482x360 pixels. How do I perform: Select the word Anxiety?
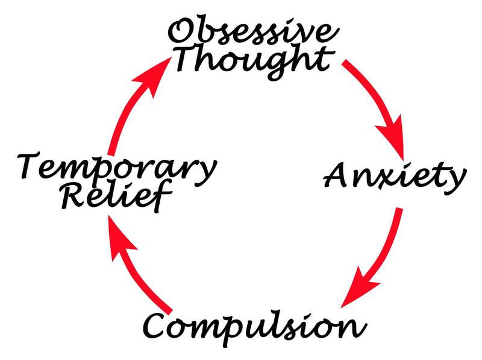(x=395, y=177)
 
